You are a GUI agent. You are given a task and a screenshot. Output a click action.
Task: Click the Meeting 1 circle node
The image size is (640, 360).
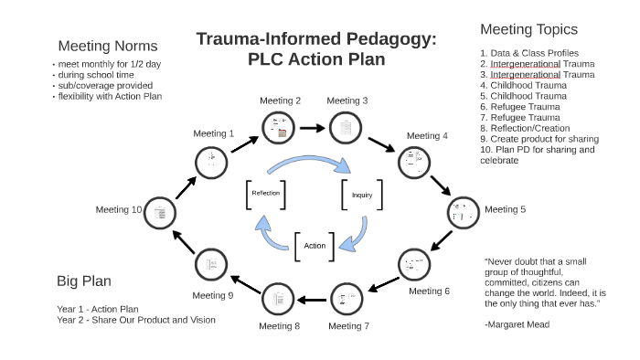pos(211,162)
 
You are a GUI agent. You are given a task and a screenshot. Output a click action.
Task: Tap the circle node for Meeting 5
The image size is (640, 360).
pos(462,211)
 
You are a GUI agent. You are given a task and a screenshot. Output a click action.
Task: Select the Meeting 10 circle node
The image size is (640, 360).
pos(161,212)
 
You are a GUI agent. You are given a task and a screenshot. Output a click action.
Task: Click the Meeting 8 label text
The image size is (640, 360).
pos(280,325)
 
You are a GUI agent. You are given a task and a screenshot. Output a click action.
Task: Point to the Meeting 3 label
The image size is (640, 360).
pos(347,101)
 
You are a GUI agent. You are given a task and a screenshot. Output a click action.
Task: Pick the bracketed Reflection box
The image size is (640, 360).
pos(266,194)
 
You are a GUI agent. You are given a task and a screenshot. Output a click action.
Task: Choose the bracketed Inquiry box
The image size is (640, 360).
pos(362,195)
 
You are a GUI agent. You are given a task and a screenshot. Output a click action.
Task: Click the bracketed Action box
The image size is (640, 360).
pos(315,245)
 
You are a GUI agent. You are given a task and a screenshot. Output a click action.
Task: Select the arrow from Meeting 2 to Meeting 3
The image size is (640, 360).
pos(311,128)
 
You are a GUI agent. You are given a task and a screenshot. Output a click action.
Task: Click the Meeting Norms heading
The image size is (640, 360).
pos(108,46)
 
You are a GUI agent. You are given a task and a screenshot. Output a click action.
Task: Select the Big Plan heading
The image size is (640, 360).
pos(84,281)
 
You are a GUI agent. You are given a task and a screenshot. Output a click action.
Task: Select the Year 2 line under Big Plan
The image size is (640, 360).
pos(135,320)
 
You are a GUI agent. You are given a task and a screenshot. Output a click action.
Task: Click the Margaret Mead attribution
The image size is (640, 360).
pos(517,324)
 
